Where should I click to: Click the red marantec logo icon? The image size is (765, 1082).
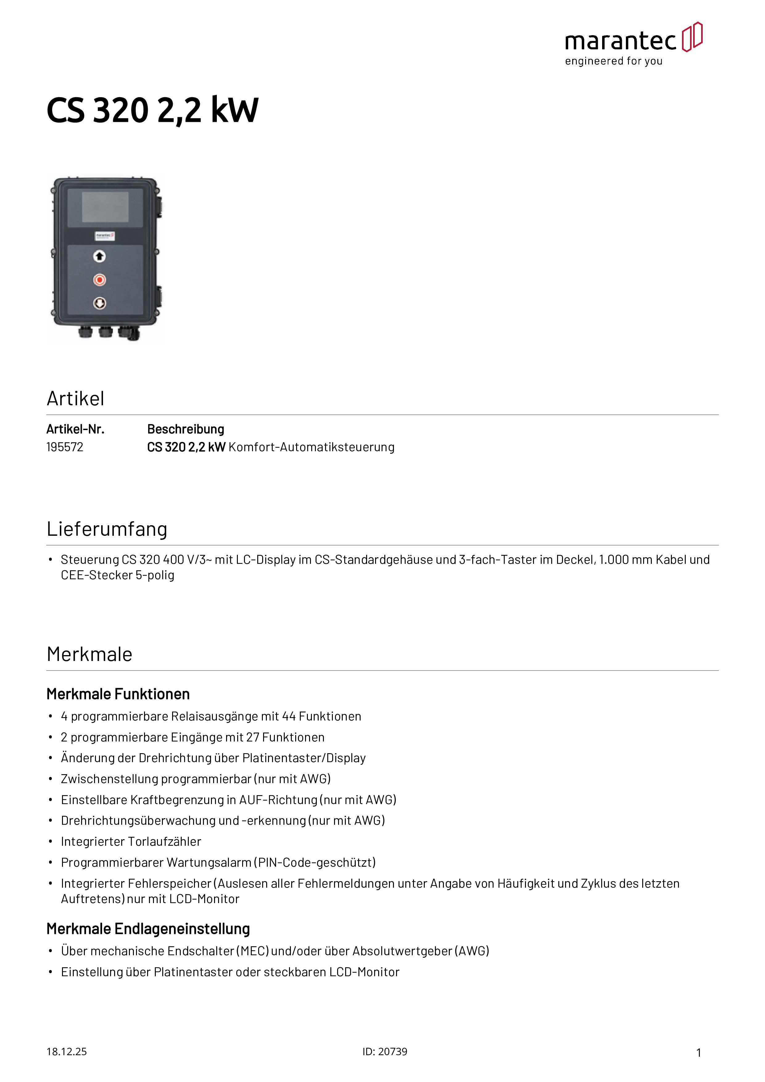[692, 37]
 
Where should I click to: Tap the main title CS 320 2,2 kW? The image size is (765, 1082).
[152, 110]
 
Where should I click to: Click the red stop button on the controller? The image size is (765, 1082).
[99, 280]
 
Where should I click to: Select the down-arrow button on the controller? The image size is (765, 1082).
[99, 303]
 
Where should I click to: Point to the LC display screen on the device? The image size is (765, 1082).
[105, 207]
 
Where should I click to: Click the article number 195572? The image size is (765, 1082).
[64, 447]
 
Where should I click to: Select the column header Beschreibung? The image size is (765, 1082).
[185, 429]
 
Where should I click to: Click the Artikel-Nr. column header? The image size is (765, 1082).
[75, 429]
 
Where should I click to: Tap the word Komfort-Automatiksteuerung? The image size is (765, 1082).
[311, 447]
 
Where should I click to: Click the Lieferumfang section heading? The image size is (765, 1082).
[107, 529]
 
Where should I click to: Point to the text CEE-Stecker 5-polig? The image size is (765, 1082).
[117, 576]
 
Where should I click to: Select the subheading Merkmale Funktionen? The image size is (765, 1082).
[118, 694]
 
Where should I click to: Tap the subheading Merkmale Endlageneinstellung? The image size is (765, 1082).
[148, 929]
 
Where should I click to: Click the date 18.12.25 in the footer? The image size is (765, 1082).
[66, 1052]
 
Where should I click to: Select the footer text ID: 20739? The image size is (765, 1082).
[385, 1052]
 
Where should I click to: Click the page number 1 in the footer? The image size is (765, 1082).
[699, 1053]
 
